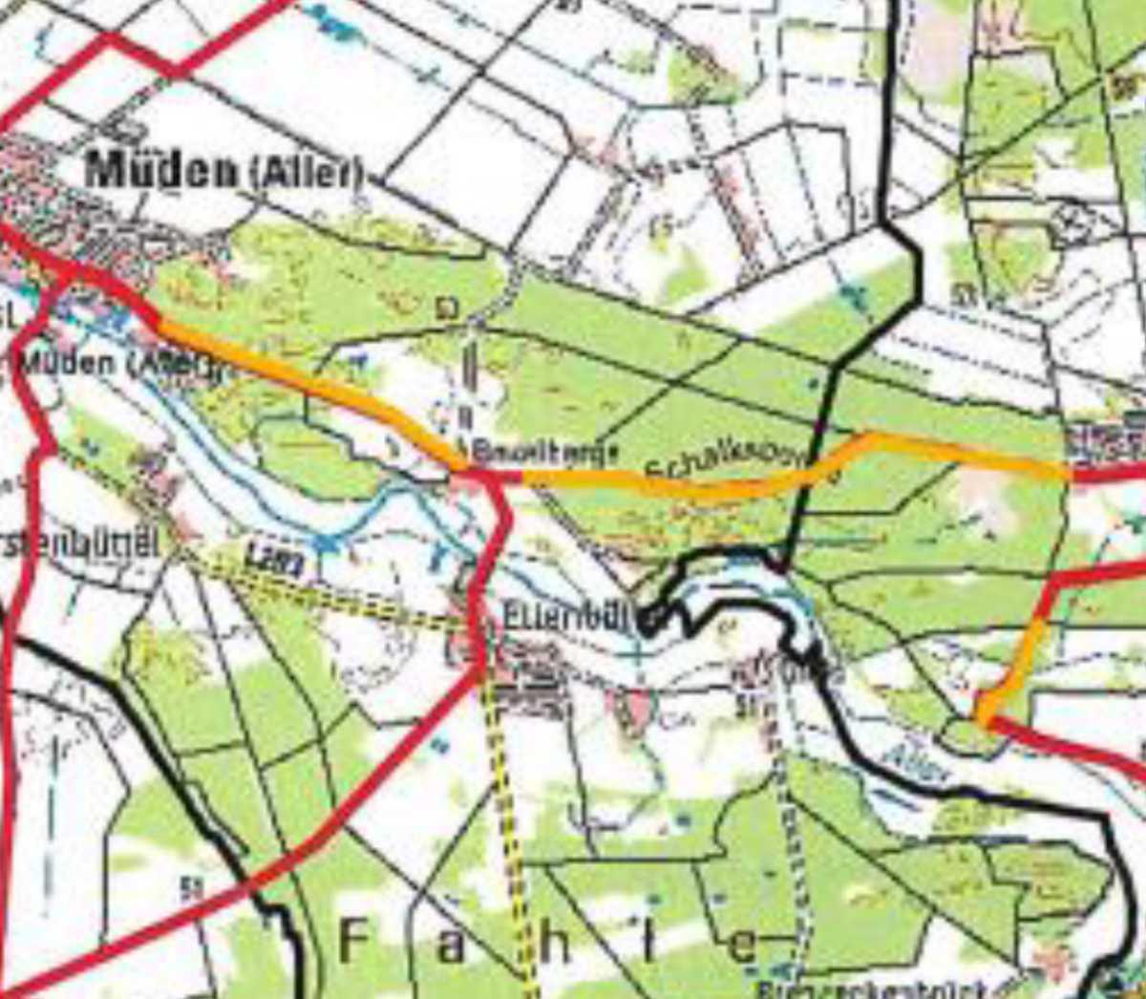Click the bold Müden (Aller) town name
pyautogui.click(x=225, y=172)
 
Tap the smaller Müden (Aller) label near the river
pyautogui.click(x=115, y=365)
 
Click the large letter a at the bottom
pyautogui.click(x=453, y=946)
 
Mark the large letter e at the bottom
pyautogui.click(x=742, y=946)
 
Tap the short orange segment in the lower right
pyautogui.click(x=1012, y=669)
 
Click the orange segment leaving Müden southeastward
pyautogui.click(x=306, y=382)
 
